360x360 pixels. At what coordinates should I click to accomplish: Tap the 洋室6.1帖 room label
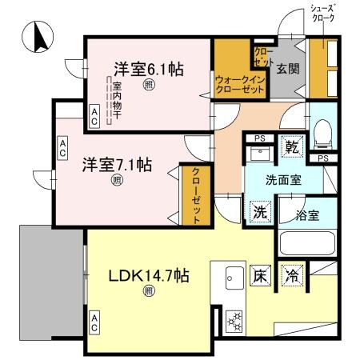[x=148, y=69]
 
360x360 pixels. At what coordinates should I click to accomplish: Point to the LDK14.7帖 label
[x=149, y=276]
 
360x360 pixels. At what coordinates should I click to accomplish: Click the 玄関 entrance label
[x=288, y=69]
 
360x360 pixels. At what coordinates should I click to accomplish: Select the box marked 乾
[x=293, y=147]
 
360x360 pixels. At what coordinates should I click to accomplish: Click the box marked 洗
[x=259, y=212]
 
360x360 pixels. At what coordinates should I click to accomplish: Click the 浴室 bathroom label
[x=307, y=214]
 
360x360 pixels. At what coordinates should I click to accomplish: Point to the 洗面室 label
[x=283, y=180]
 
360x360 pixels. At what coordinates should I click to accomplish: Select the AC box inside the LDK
[x=94, y=323]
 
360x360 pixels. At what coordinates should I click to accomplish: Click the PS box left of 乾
[x=259, y=138]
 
